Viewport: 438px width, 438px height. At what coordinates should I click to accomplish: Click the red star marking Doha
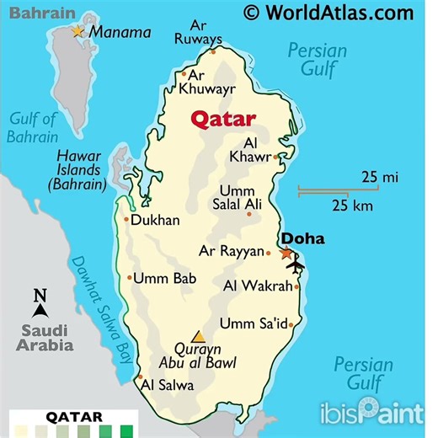[x=286, y=252]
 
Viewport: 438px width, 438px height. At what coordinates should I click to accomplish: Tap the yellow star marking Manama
[x=77, y=31]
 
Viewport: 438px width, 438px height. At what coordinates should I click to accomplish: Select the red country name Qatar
[x=223, y=118]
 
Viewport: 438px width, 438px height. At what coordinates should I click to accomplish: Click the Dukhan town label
[x=156, y=221]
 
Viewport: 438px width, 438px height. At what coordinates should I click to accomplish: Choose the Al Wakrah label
[x=257, y=286]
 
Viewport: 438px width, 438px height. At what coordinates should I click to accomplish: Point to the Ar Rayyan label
[x=230, y=251]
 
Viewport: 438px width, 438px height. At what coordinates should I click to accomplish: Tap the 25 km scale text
[x=352, y=206]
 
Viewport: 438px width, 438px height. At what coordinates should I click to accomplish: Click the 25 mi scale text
[x=381, y=177]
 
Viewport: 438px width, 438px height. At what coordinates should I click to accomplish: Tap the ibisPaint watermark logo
[x=371, y=413]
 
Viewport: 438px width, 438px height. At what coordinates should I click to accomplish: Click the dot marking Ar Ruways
[x=213, y=51]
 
